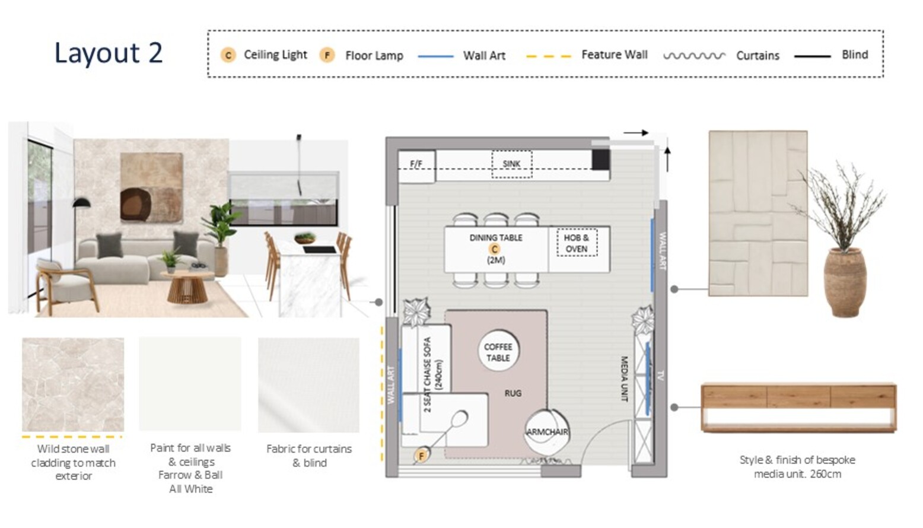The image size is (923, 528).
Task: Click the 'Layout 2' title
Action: pos(109,53)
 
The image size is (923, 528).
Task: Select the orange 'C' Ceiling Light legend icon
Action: pos(228,55)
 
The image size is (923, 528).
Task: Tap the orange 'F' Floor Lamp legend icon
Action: pos(327,55)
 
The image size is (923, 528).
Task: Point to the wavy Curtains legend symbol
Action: pos(694,56)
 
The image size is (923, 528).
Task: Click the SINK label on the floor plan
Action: pos(511,164)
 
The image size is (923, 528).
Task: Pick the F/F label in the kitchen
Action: pos(416,164)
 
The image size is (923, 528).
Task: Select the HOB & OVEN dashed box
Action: pos(577,243)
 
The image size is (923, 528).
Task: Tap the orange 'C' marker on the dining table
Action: pos(495,249)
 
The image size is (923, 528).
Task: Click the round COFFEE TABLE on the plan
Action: pos(499,351)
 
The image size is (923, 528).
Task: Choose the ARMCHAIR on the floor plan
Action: pos(547,431)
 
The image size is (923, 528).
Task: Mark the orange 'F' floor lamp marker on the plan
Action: pos(421,456)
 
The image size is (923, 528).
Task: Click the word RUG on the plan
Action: pos(513,393)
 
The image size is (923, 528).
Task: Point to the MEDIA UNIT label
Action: pos(624,378)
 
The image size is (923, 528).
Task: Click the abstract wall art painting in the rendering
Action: pos(152,187)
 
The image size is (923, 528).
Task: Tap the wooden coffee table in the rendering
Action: pos(187,287)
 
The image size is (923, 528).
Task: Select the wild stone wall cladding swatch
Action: pos(73,384)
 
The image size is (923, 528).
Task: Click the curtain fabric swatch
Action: pos(309,385)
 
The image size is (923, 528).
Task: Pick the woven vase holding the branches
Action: pos(845,282)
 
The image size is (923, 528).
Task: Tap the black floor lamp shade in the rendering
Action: pos(82,202)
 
